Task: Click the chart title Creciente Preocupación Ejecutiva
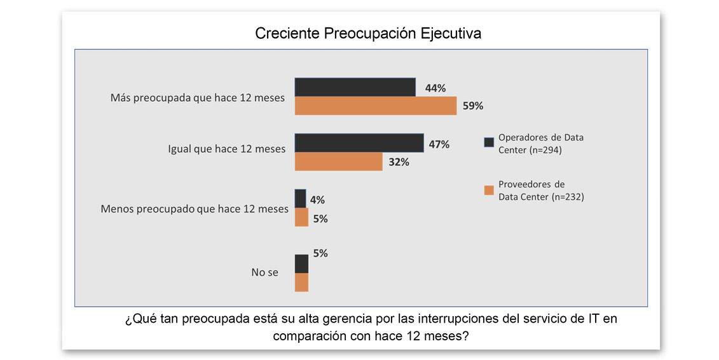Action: [x=367, y=34]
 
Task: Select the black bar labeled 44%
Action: [x=355, y=87]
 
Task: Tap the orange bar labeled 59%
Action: [x=376, y=106]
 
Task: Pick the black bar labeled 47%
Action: [x=359, y=143]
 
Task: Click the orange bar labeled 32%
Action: [x=338, y=162]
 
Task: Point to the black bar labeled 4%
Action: [x=300, y=198]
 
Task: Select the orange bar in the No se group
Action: [x=301, y=282]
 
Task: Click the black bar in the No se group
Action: [x=301, y=264]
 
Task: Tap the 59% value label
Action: [x=473, y=106]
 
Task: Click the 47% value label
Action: [x=439, y=144]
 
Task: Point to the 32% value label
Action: [x=399, y=162]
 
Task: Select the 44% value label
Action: [x=435, y=88]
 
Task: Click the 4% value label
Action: [x=317, y=200]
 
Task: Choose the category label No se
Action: [x=264, y=272]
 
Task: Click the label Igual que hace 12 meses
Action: [x=226, y=149]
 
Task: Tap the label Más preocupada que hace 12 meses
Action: [x=198, y=98]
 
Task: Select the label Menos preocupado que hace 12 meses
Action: [x=195, y=209]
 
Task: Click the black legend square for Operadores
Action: [x=490, y=142]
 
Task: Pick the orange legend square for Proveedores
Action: [x=490, y=190]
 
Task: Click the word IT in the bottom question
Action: [x=593, y=318]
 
